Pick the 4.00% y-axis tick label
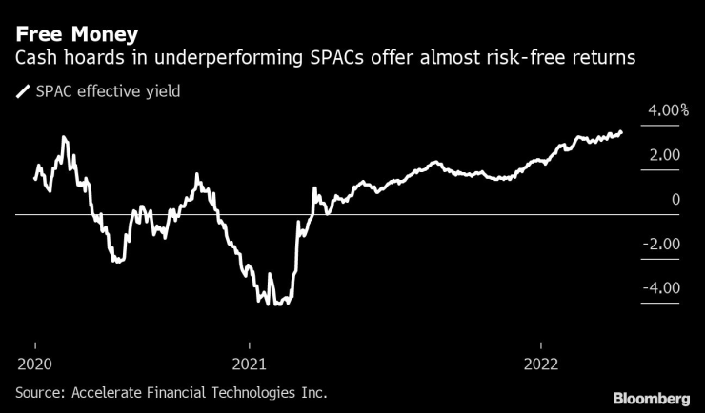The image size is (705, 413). (x=668, y=110)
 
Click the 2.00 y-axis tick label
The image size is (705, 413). (x=663, y=155)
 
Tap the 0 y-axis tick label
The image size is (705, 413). (x=675, y=200)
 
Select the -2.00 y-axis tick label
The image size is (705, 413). (x=661, y=245)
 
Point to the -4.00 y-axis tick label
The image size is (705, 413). (x=661, y=288)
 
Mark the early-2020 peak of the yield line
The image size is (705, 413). (x=64, y=137)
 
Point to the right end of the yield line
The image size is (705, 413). (x=622, y=132)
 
